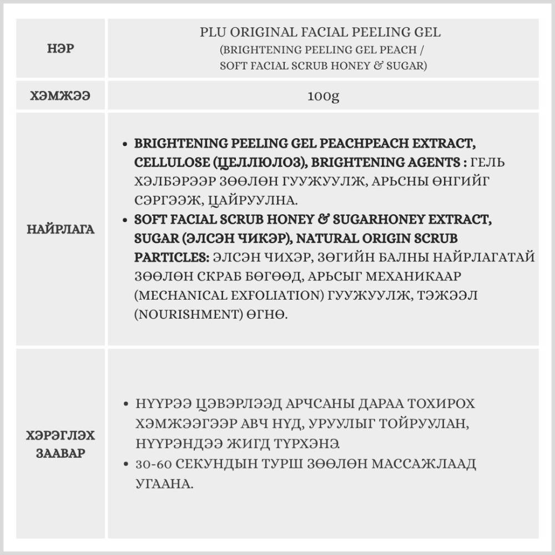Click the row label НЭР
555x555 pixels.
click(61, 49)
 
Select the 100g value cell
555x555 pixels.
click(323, 97)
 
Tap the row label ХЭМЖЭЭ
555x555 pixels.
click(61, 97)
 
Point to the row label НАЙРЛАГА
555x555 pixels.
click(61, 229)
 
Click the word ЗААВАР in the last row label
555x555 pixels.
click(61, 452)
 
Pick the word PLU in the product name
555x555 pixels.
click(212, 32)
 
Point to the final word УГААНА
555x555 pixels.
click(164, 483)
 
